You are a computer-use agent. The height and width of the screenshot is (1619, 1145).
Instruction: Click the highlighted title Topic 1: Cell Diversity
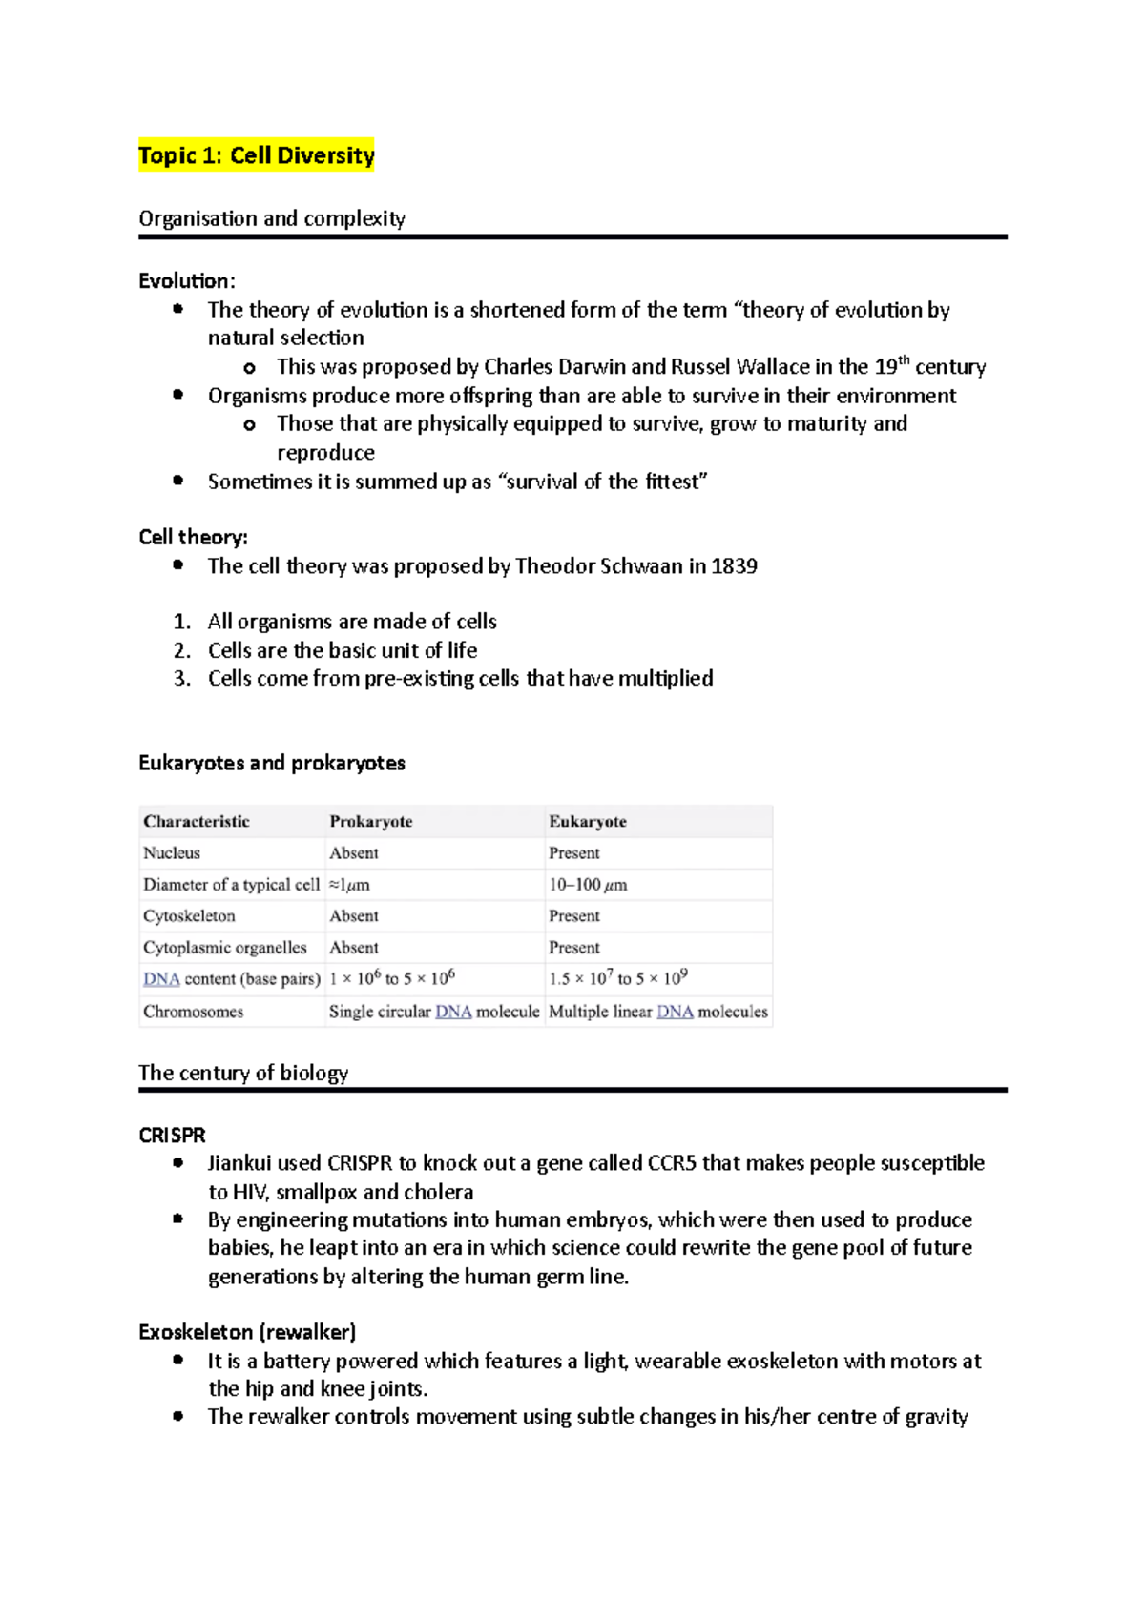pyautogui.click(x=256, y=155)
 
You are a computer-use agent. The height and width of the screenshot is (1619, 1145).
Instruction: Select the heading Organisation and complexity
pyautogui.click(x=271, y=218)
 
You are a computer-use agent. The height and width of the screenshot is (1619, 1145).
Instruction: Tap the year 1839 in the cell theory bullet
pyautogui.click(x=734, y=566)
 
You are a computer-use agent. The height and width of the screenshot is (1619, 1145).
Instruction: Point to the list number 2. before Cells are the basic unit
pyautogui.click(x=181, y=650)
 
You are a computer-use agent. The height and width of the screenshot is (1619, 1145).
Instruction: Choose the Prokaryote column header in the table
pyautogui.click(x=370, y=821)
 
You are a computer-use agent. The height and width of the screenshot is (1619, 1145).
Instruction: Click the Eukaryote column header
pyautogui.click(x=587, y=821)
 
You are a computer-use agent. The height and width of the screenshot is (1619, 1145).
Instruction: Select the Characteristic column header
pyautogui.click(x=196, y=821)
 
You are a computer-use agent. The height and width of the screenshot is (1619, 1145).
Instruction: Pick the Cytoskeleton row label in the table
pyautogui.click(x=188, y=915)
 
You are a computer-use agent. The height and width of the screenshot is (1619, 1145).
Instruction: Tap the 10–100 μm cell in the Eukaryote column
pyautogui.click(x=587, y=885)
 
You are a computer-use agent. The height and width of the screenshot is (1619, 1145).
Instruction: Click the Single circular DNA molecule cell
pyautogui.click(x=433, y=1012)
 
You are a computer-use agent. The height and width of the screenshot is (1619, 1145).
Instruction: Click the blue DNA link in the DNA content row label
pyautogui.click(x=160, y=979)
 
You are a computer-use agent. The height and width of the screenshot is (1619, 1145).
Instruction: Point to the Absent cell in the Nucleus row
pyautogui.click(x=353, y=852)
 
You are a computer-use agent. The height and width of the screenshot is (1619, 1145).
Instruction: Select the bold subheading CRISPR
pyautogui.click(x=172, y=1135)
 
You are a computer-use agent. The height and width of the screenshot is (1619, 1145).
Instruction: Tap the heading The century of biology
pyautogui.click(x=242, y=1073)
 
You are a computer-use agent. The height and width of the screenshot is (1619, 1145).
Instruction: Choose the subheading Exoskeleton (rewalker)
pyautogui.click(x=246, y=1332)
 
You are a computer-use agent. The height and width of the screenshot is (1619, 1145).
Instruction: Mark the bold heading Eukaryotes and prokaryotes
pyautogui.click(x=271, y=763)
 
